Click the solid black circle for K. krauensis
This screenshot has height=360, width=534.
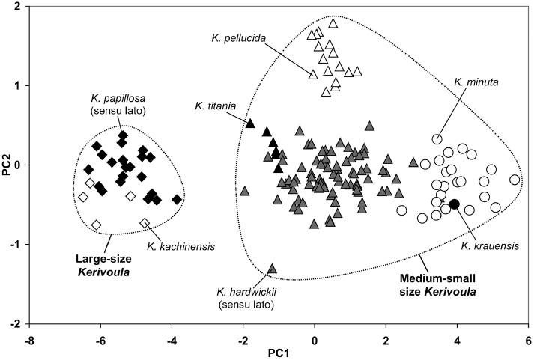point(454,204)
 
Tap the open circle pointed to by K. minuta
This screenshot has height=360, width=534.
point(437,139)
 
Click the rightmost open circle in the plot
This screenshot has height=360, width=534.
point(515,180)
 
